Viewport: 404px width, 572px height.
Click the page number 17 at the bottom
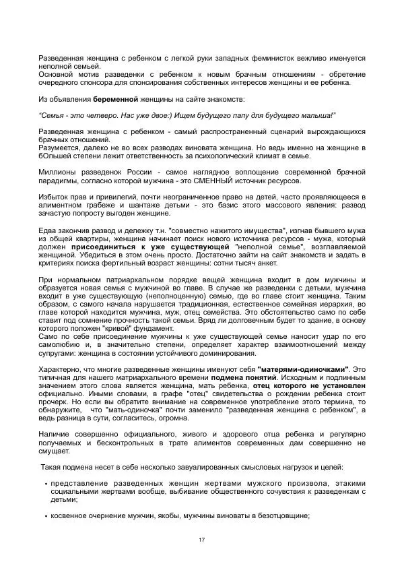201,540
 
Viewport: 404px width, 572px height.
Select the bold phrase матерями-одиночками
304,369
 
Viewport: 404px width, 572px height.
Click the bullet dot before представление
45,484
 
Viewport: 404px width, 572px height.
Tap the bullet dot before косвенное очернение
45,516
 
